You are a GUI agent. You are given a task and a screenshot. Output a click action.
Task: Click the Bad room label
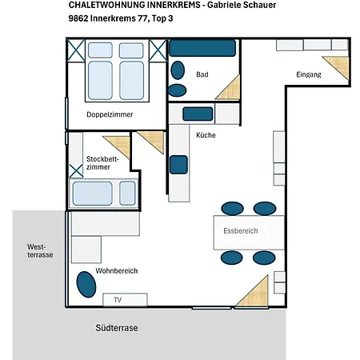point(202,74)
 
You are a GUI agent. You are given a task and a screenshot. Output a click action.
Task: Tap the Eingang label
point(309,74)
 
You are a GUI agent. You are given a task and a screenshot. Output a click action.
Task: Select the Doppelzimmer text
point(110,114)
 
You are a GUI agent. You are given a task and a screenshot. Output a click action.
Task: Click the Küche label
point(206,135)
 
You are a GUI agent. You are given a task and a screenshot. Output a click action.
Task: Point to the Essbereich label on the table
point(241,231)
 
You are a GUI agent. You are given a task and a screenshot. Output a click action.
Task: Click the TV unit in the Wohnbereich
point(125,300)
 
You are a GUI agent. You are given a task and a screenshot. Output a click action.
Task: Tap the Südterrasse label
point(117,328)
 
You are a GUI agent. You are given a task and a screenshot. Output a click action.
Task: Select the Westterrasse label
point(40,250)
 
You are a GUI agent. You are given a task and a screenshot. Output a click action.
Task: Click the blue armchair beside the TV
point(86,284)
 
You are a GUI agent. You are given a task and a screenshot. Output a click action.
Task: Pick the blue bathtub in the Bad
point(202,48)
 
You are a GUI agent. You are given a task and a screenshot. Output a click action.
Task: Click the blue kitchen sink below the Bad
point(198,114)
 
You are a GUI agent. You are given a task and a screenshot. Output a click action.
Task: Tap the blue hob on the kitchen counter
point(178,165)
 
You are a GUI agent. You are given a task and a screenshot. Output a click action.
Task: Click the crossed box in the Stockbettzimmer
point(76,171)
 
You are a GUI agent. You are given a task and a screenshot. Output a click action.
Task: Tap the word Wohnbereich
point(117,271)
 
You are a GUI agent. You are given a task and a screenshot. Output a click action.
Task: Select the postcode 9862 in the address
point(78,18)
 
